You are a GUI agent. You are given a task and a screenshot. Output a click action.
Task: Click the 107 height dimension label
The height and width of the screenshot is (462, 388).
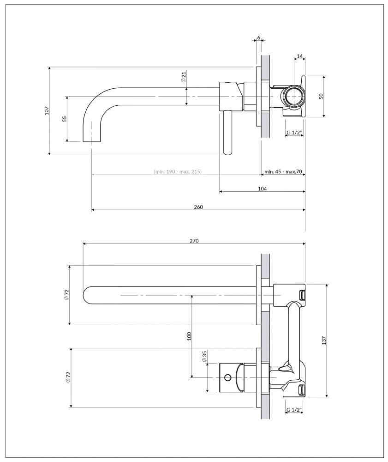pos(47,111)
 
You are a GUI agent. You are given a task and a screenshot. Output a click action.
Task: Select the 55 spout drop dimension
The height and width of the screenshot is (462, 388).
pos(65,119)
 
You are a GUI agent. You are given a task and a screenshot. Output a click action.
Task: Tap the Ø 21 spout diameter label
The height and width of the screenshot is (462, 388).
pos(183,77)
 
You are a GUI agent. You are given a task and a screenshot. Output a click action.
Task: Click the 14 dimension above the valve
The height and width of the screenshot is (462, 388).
pos(300,56)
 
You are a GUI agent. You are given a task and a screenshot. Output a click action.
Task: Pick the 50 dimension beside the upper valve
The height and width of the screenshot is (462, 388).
pos(322,96)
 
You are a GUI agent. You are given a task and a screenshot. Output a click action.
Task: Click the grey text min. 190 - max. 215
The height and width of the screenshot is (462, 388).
pos(178,172)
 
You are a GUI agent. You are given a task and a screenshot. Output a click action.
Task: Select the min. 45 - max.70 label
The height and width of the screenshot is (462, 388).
pos(283,172)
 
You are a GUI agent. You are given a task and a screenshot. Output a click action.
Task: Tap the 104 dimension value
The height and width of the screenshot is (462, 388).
pos(262,188)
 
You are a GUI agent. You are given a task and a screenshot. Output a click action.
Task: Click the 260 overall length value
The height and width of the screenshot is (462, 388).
pos(198,207)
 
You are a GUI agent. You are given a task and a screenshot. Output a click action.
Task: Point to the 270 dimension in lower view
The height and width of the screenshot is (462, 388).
pos(194,241)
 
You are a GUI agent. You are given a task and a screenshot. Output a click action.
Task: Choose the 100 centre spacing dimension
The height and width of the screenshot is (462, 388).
pos(189,336)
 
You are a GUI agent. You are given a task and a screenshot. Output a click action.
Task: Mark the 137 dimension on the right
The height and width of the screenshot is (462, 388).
pos(324,340)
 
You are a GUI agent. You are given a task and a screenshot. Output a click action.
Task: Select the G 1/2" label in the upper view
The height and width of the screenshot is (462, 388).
pos(294,133)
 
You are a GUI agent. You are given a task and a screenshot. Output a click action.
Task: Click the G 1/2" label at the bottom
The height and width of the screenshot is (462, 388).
pos(294,410)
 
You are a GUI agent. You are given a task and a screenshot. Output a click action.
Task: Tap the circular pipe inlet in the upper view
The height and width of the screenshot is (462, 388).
pos(293,97)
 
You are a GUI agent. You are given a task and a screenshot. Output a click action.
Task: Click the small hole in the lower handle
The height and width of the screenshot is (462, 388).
pos(227,377)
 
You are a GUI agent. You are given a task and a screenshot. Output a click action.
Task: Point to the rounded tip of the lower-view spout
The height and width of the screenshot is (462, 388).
pos(86,295)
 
